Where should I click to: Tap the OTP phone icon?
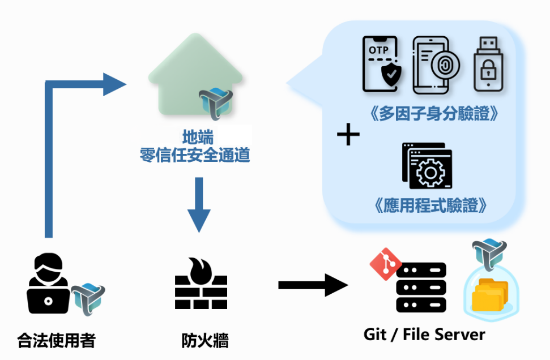click(380, 65)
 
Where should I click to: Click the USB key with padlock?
click(487, 64)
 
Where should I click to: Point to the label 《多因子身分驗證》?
click(433, 114)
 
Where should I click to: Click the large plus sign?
click(348, 135)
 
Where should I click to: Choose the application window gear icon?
click(428, 165)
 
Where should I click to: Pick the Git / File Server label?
click(424, 335)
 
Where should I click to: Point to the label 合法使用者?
click(56, 341)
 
